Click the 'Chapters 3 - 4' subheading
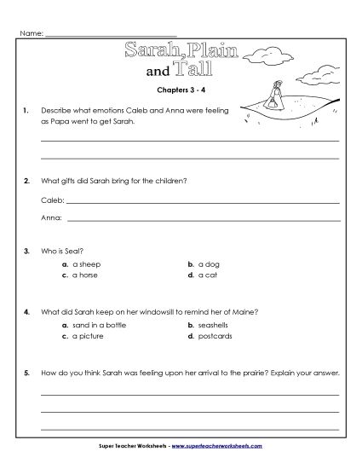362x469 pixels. click(181, 88)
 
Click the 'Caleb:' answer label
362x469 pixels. click(52, 203)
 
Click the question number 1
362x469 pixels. click(28, 111)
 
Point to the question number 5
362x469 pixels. click(28, 373)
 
